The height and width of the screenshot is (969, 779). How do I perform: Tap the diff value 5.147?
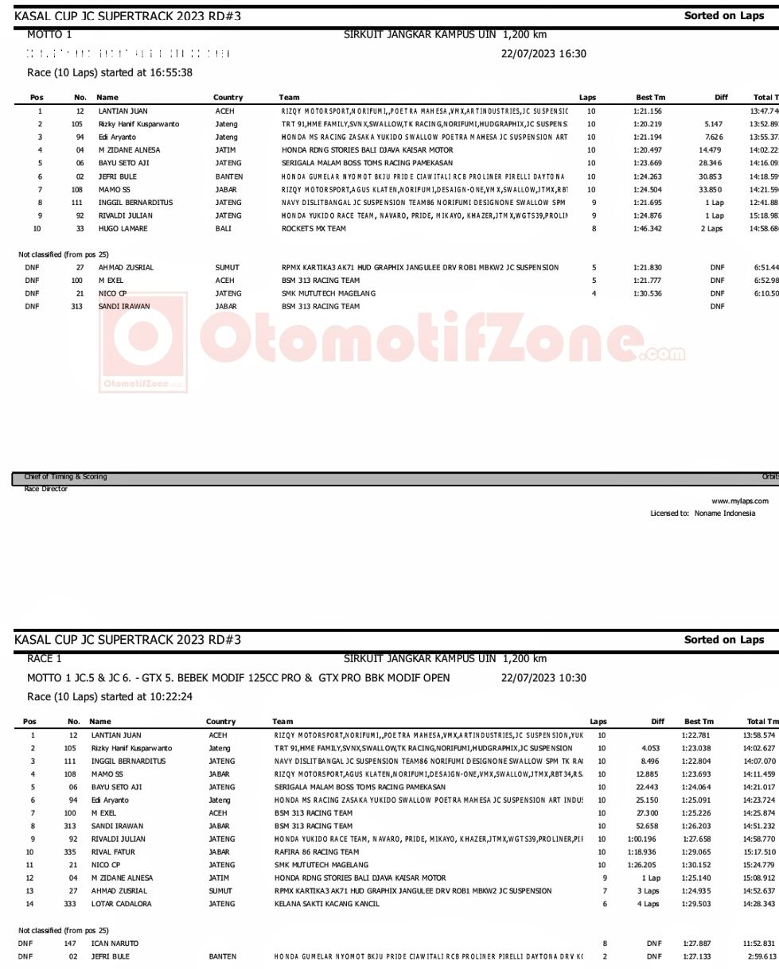pyautogui.click(x=712, y=124)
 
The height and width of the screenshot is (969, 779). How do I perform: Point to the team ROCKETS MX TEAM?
pyautogui.click(x=314, y=229)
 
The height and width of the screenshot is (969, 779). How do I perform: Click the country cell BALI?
pyautogui.click(x=224, y=229)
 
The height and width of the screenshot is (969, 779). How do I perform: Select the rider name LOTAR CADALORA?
pyautogui.click(x=121, y=904)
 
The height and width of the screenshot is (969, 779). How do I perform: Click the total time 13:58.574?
pyautogui.click(x=758, y=735)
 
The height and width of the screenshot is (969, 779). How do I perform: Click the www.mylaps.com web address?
pyautogui.click(x=739, y=501)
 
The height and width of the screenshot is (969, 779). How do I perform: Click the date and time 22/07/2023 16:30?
pyautogui.click(x=543, y=54)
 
